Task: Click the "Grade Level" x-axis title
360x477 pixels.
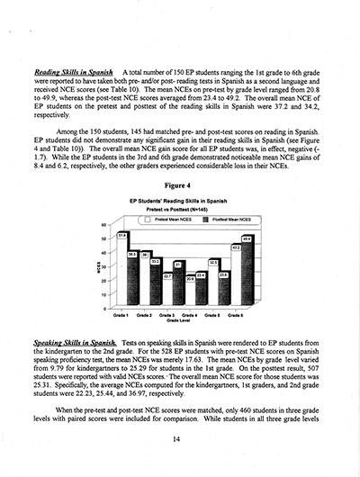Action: tap(179, 322)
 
